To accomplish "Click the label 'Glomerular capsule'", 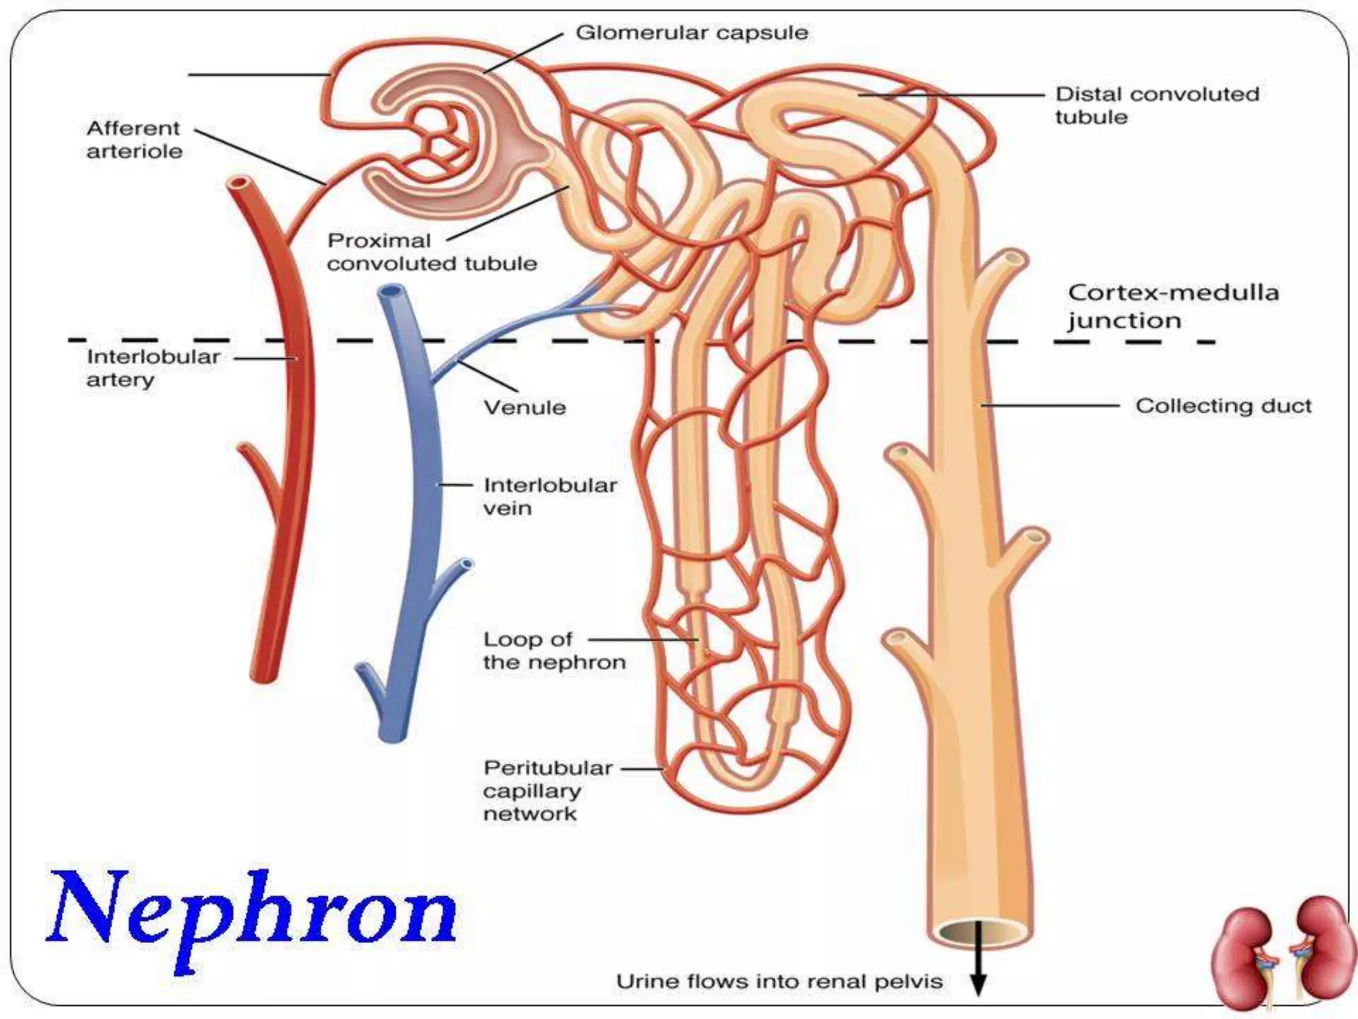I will pos(692,33).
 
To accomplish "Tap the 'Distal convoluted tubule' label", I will pos(1157,105).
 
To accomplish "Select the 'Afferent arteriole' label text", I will pos(134,139).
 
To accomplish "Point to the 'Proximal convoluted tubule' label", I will pos(432,252).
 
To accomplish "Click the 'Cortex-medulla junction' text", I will pos(1173,306).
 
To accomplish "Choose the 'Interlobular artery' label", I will pos(153,368).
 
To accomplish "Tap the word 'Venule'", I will pos(525,407).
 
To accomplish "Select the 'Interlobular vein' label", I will pos(550,496).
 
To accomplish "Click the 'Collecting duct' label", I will pos(1223,405).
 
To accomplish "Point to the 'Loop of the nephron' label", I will pos(554,651).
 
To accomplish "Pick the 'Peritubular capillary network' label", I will pos(548,790).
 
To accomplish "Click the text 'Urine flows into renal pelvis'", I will pos(779,981).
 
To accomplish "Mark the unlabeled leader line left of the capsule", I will pos(259,74).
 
